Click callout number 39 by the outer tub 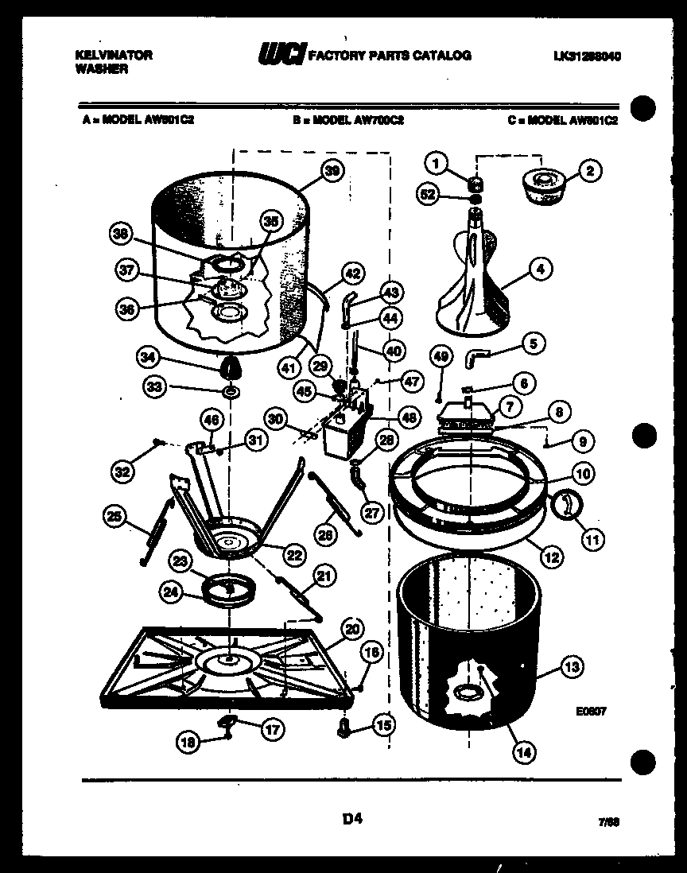[332, 169]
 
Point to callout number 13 [570, 667]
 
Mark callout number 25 [115, 517]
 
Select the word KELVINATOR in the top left [113, 55]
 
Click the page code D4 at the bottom [351, 817]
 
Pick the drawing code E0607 [592, 712]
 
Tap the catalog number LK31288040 [588, 56]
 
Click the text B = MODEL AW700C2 [348, 121]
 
